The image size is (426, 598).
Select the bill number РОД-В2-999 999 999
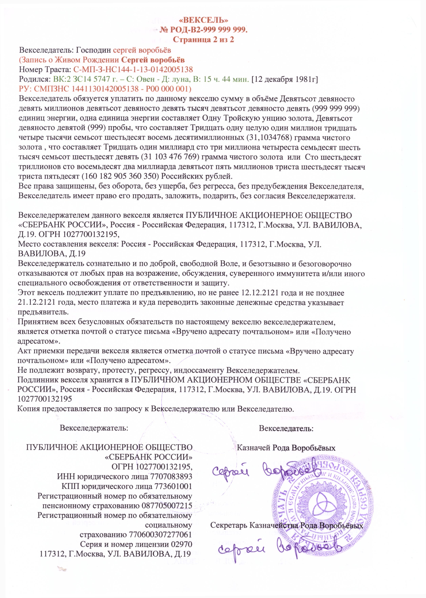click(x=209, y=30)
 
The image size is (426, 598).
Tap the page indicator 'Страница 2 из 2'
click(x=204, y=40)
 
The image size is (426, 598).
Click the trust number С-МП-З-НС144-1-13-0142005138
click(x=133, y=69)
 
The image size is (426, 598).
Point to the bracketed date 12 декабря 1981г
click(x=285, y=79)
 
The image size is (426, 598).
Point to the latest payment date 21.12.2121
click(x=36, y=303)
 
